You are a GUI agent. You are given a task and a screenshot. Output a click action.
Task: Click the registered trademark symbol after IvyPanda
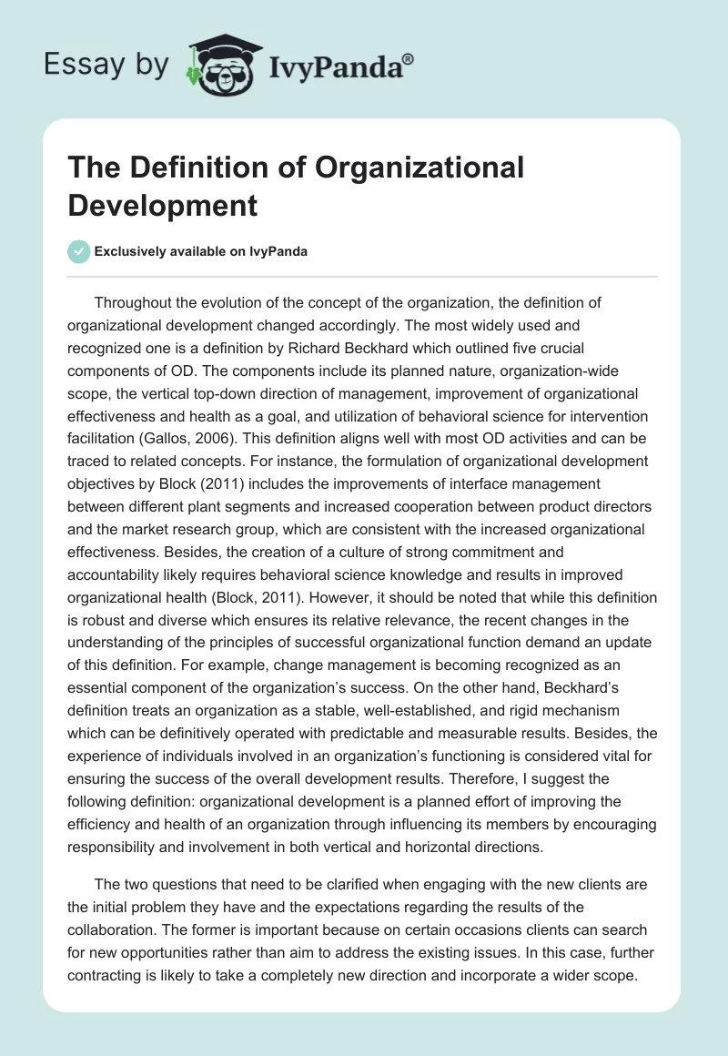(409, 59)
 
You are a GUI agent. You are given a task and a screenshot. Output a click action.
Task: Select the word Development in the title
(162, 205)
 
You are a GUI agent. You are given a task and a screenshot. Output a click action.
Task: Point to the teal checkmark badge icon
(79, 251)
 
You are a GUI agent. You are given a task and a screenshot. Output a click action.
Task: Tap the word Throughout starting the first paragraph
(136, 302)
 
